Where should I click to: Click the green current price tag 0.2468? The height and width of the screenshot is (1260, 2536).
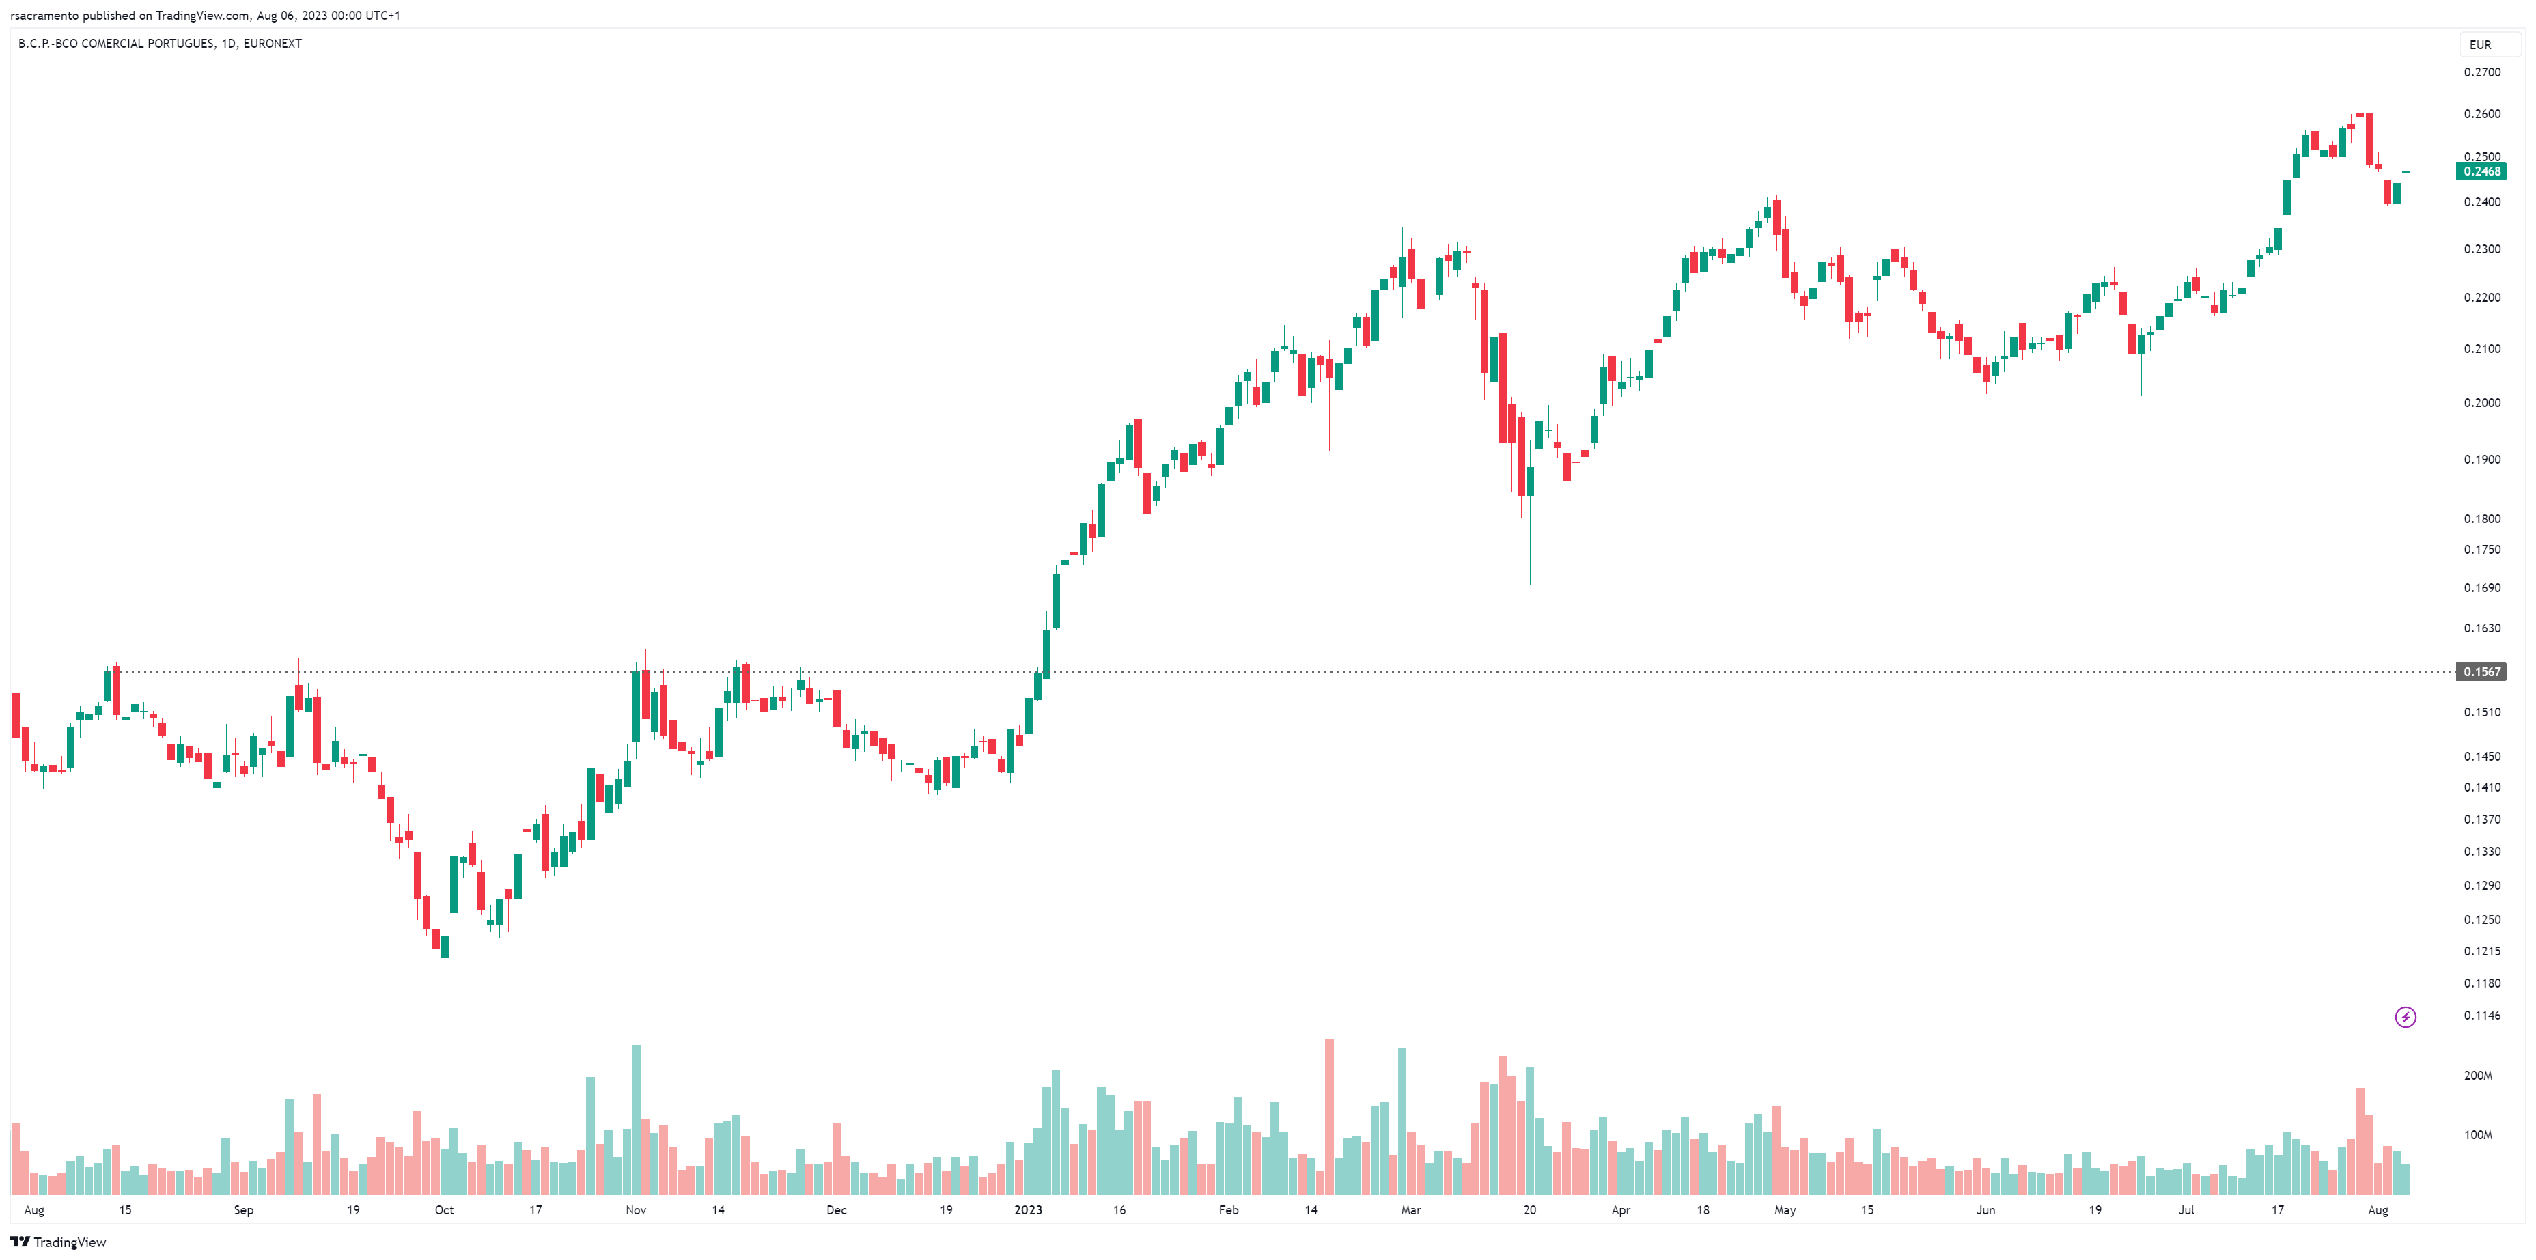pos(2481,171)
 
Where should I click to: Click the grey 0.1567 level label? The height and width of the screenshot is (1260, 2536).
pos(2481,671)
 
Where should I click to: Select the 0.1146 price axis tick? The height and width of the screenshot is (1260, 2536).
pos(2481,1015)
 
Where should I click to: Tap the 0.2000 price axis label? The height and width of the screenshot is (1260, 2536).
pos(2481,403)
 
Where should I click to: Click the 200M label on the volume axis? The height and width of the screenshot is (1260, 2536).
pos(2477,1075)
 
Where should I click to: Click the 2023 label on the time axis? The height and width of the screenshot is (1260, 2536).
pos(1028,1209)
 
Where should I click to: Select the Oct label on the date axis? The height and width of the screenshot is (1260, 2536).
pos(444,1209)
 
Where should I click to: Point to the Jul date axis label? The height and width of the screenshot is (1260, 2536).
pos(2186,1209)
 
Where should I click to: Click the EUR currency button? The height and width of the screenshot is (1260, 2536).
pos(2480,44)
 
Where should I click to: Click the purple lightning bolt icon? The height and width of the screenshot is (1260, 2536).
pos(2405,1017)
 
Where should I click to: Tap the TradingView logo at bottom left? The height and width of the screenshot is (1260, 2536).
pos(58,1242)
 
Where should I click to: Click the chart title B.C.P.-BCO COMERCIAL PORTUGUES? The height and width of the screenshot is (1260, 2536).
pos(116,43)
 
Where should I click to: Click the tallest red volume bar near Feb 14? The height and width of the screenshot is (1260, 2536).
pos(1329,1117)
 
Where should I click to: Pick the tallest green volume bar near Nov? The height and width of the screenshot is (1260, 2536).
pos(636,1119)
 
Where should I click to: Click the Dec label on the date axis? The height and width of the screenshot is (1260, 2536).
pos(836,1209)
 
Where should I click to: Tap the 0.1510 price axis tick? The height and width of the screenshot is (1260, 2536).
pos(2481,712)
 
